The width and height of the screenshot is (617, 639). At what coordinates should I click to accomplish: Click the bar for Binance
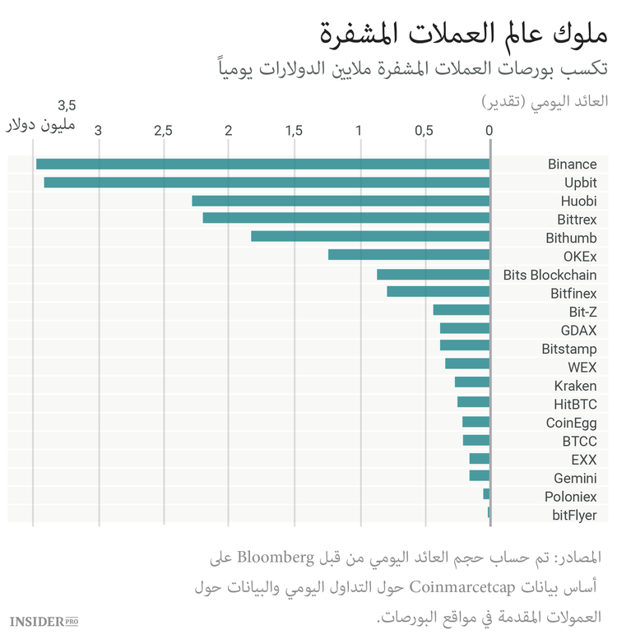[263, 164]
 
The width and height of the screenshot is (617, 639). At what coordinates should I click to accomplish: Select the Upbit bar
[267, 183]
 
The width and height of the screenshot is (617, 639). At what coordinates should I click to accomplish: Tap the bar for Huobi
[341, 201]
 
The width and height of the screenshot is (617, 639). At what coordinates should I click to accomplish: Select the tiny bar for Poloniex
[486, 494]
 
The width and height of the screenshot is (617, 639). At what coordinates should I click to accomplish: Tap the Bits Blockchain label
[550, 275]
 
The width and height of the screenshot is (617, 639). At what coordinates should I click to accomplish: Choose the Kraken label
[575, 386]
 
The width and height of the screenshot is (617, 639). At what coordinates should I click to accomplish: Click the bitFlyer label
[574, 516]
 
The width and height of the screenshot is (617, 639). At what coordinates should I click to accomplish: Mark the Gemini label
[575, 478]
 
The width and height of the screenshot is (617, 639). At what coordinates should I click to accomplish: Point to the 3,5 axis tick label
[67, 106]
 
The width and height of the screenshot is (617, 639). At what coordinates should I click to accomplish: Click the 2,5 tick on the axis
[163, 131]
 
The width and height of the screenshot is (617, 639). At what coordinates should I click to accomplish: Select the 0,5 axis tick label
[424, 131]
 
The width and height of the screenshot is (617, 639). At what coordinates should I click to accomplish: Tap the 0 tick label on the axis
[489, 131]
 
